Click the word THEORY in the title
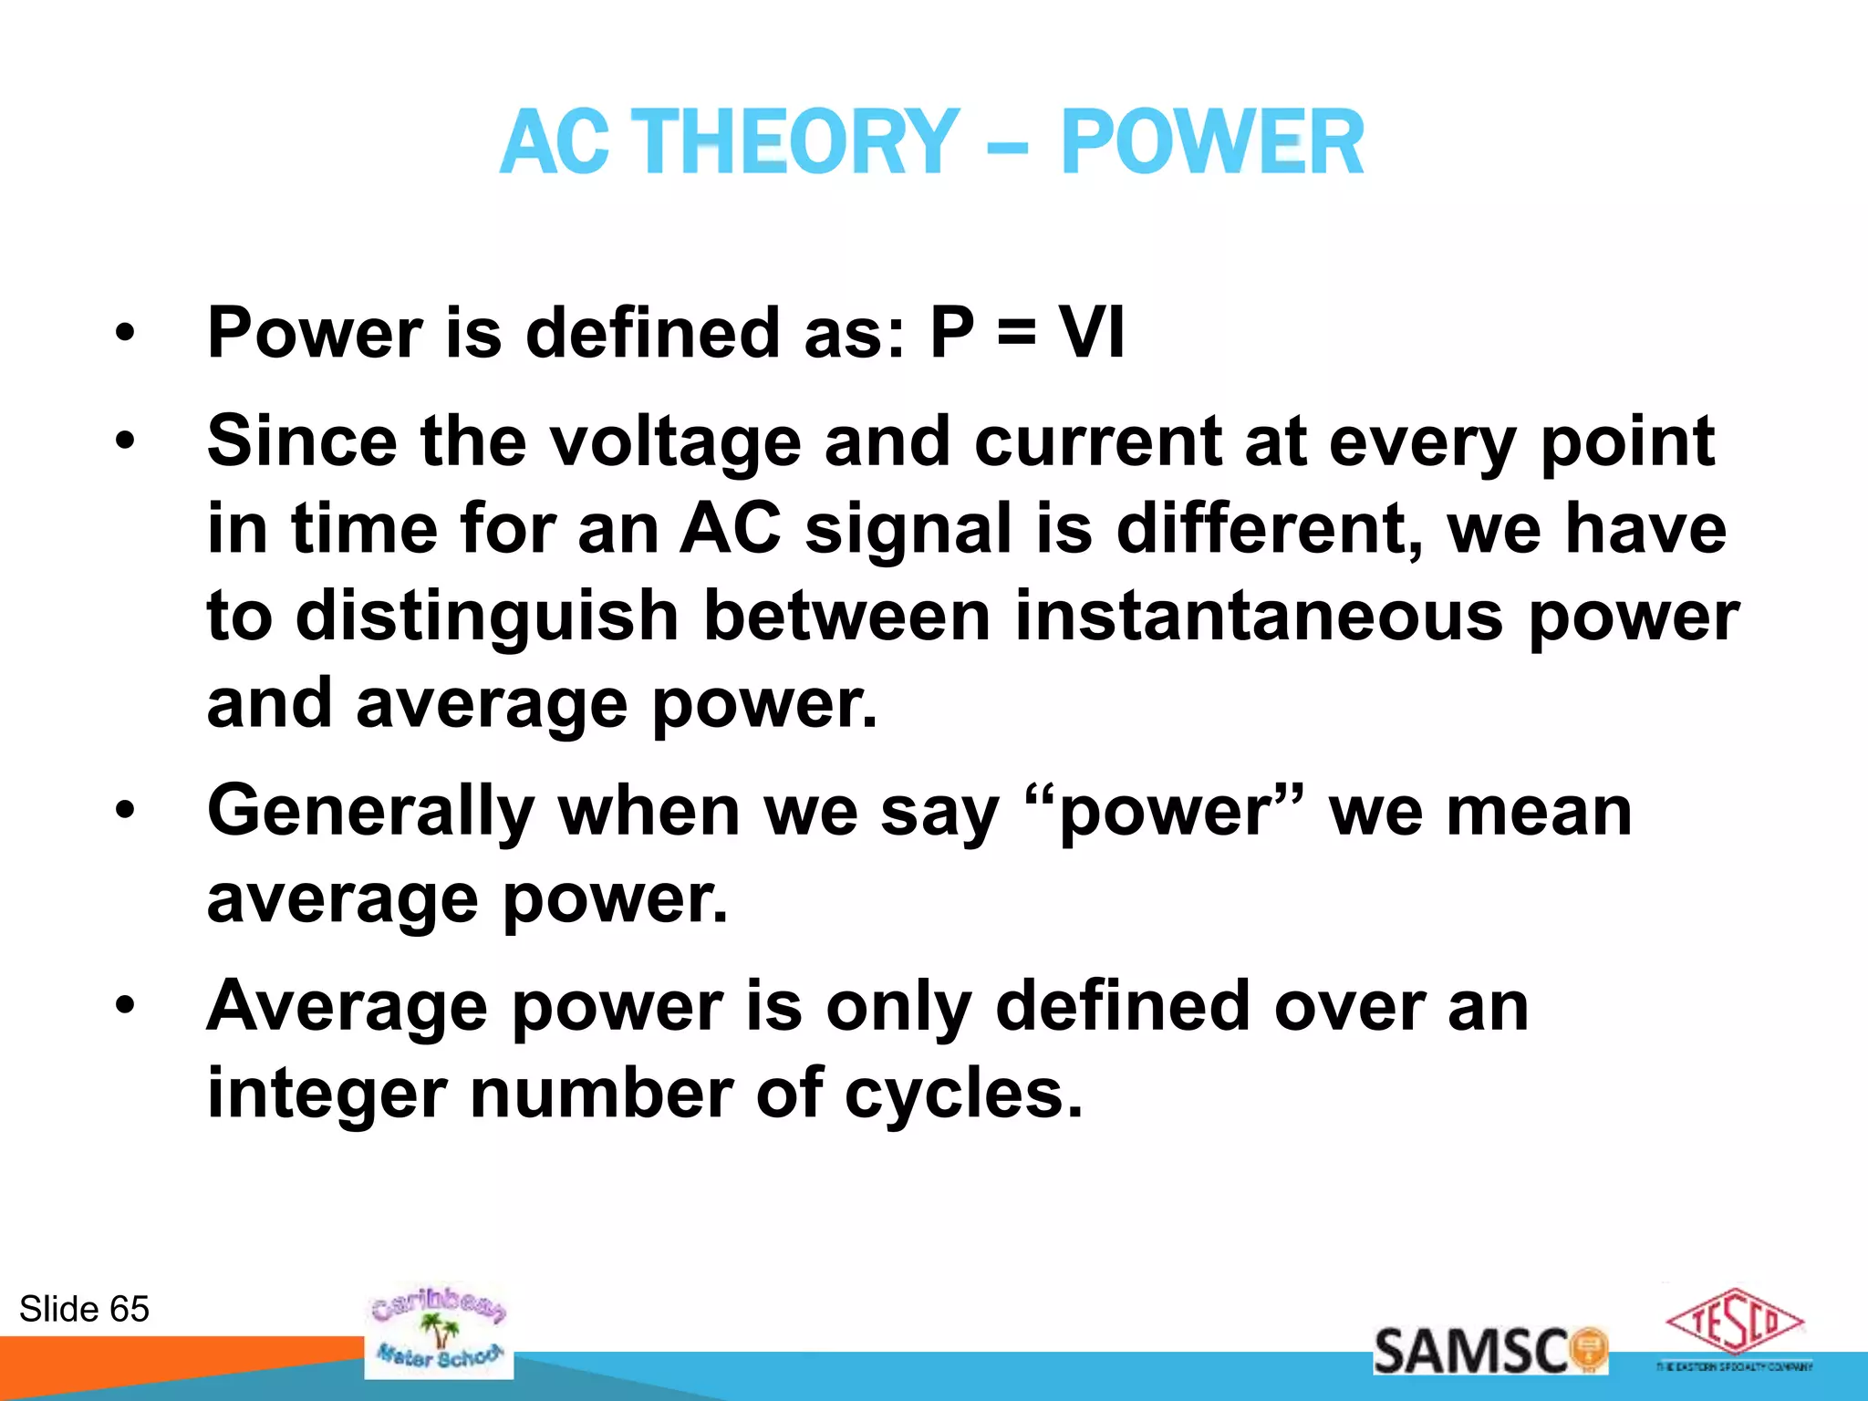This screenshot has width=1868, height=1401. coord(794,142)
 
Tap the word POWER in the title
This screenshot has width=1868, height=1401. coord(1212,142)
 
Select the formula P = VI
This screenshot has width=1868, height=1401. coord(1027,332)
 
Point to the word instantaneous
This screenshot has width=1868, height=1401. coord(1259,617)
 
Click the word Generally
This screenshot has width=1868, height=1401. coord(370,813)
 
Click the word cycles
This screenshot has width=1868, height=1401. coord(963,1093)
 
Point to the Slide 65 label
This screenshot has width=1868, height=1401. coord(84,1309)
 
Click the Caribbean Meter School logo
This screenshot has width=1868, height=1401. coord(438,1332)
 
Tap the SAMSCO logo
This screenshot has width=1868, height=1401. coord(1489,1350)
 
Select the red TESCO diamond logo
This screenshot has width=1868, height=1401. coord(1734,1322)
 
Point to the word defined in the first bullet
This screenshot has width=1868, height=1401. coord(653,332)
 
